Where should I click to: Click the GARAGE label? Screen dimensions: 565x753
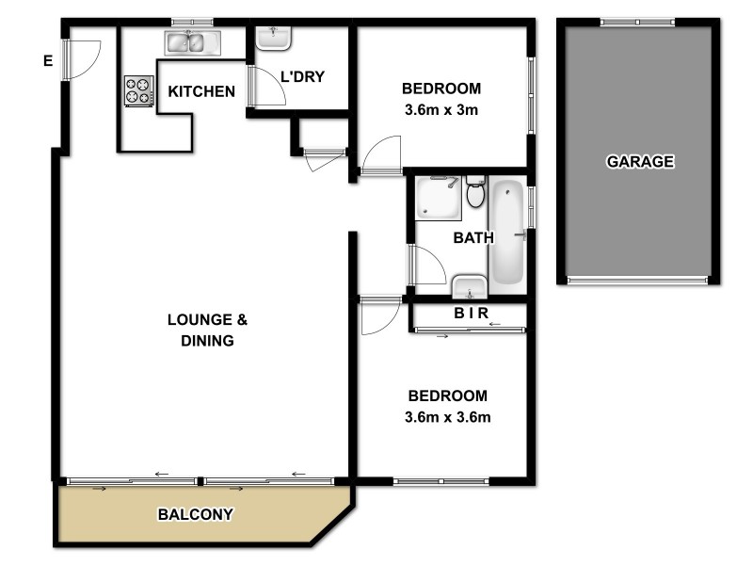tap(640, 161)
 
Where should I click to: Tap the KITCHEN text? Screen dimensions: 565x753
tap(201, 91)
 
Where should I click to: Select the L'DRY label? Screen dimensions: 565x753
tap(302, 76)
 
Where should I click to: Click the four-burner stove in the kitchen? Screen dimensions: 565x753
tap(138, 90)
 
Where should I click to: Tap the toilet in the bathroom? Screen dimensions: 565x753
tap(475, 192)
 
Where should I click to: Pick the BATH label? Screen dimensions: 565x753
tap(473, 238)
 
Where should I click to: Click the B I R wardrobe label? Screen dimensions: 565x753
tap(473, 315)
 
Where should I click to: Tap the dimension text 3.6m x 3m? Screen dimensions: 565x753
tap(441, 108)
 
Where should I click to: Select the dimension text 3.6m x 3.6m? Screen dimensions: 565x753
tap(447, 415)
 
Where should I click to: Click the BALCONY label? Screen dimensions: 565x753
tap(195, 515)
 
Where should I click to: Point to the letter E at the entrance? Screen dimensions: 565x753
tap(47, 62)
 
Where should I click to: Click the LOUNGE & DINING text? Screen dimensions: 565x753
tap(207, 331)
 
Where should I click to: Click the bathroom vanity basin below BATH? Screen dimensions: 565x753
tap(469, 284)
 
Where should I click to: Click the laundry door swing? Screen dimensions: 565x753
tap(267, 86)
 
